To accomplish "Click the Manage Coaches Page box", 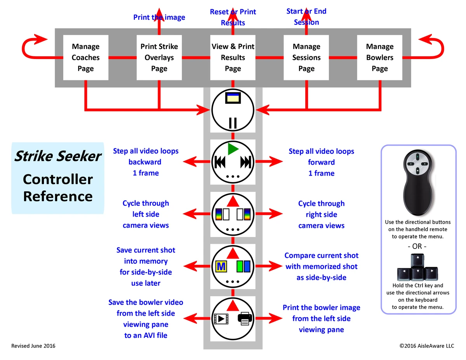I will point(85,57).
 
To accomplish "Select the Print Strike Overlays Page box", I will point(159,57).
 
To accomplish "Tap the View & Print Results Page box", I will point(233,57).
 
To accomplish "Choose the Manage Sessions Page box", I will point(306,57).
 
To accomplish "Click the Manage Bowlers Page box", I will point(379,57).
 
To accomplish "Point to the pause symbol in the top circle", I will point(233,123).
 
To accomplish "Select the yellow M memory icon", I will point(221,266).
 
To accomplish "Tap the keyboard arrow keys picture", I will point(417,268).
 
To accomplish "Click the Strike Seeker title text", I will point(58,156).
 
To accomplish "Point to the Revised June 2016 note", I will point(33,346).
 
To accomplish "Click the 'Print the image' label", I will point(159,17).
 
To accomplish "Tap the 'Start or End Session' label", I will point(306,17).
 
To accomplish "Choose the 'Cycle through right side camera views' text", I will point(321,214).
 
